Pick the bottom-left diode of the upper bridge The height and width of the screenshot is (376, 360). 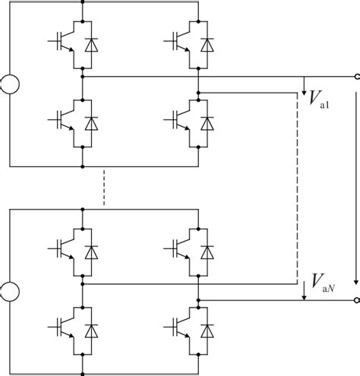coord(91,121)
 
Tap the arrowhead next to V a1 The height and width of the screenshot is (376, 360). coord(304,89)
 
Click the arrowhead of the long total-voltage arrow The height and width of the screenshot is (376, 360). coord(355,276)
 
